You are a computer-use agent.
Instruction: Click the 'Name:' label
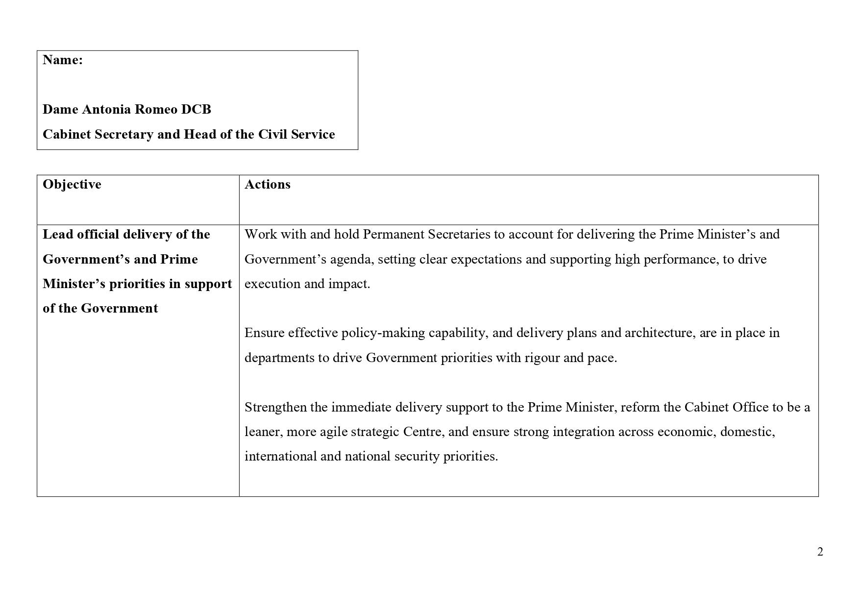point(62,60)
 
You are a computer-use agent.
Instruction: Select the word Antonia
point(106,109)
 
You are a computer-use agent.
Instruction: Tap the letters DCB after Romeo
point(196,109)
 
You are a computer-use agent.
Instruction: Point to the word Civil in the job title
point(273,134)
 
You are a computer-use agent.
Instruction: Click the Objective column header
point(72,184)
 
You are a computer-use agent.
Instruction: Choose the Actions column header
point(268,184)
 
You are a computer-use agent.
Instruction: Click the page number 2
point(820,552)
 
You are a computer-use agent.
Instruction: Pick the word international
point(281,456)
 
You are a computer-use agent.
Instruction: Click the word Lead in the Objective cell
point(57,234)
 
